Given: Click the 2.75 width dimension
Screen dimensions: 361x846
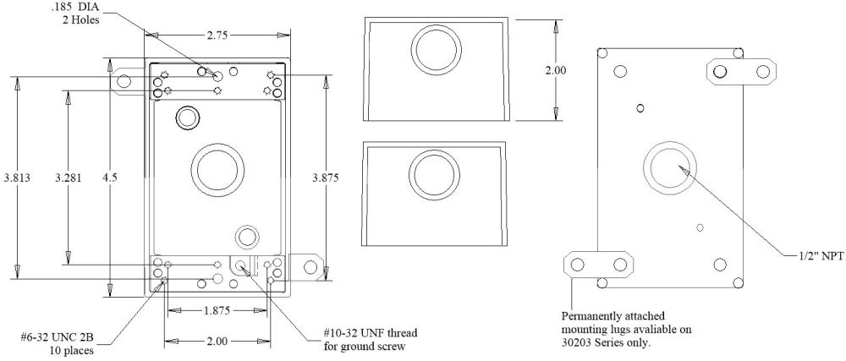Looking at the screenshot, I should click(x=216, y=36).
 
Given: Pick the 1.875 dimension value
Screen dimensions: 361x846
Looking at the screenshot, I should click(x=217, y=310).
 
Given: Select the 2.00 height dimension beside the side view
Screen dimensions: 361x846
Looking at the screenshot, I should click(x=555, y=71).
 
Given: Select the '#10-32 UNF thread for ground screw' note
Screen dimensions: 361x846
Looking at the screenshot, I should click(x=370, y=337).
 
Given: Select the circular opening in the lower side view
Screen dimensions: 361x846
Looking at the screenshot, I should click(x=437, y=174).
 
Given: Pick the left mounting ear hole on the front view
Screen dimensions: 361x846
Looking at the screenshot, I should click(x=124, y=81).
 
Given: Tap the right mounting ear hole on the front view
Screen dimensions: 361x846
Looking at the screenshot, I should click(x=310, y=268).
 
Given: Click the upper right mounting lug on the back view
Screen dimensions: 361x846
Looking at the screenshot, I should click(x=741, y=72).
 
